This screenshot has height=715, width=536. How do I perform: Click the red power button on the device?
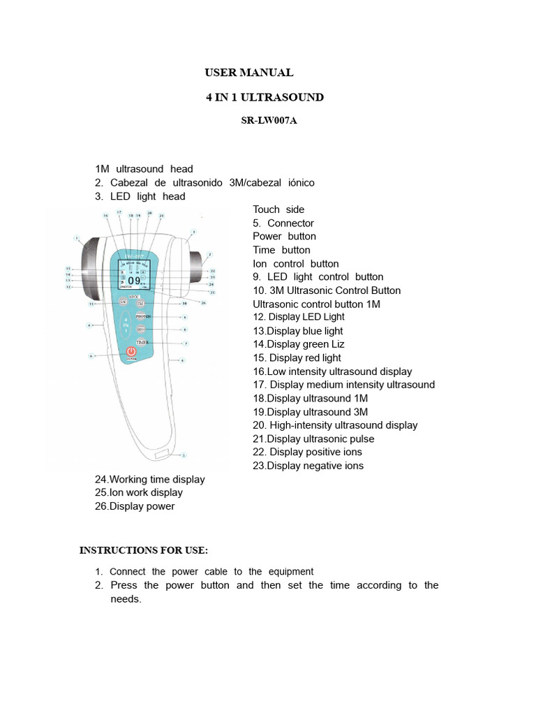pos(131,353)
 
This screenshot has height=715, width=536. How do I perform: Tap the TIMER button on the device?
pos(142,342)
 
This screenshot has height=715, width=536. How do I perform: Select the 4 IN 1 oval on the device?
pos(126,325)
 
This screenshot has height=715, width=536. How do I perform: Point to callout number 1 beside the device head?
pos(76,237)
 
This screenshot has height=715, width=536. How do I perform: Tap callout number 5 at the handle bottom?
pos(184,455)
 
